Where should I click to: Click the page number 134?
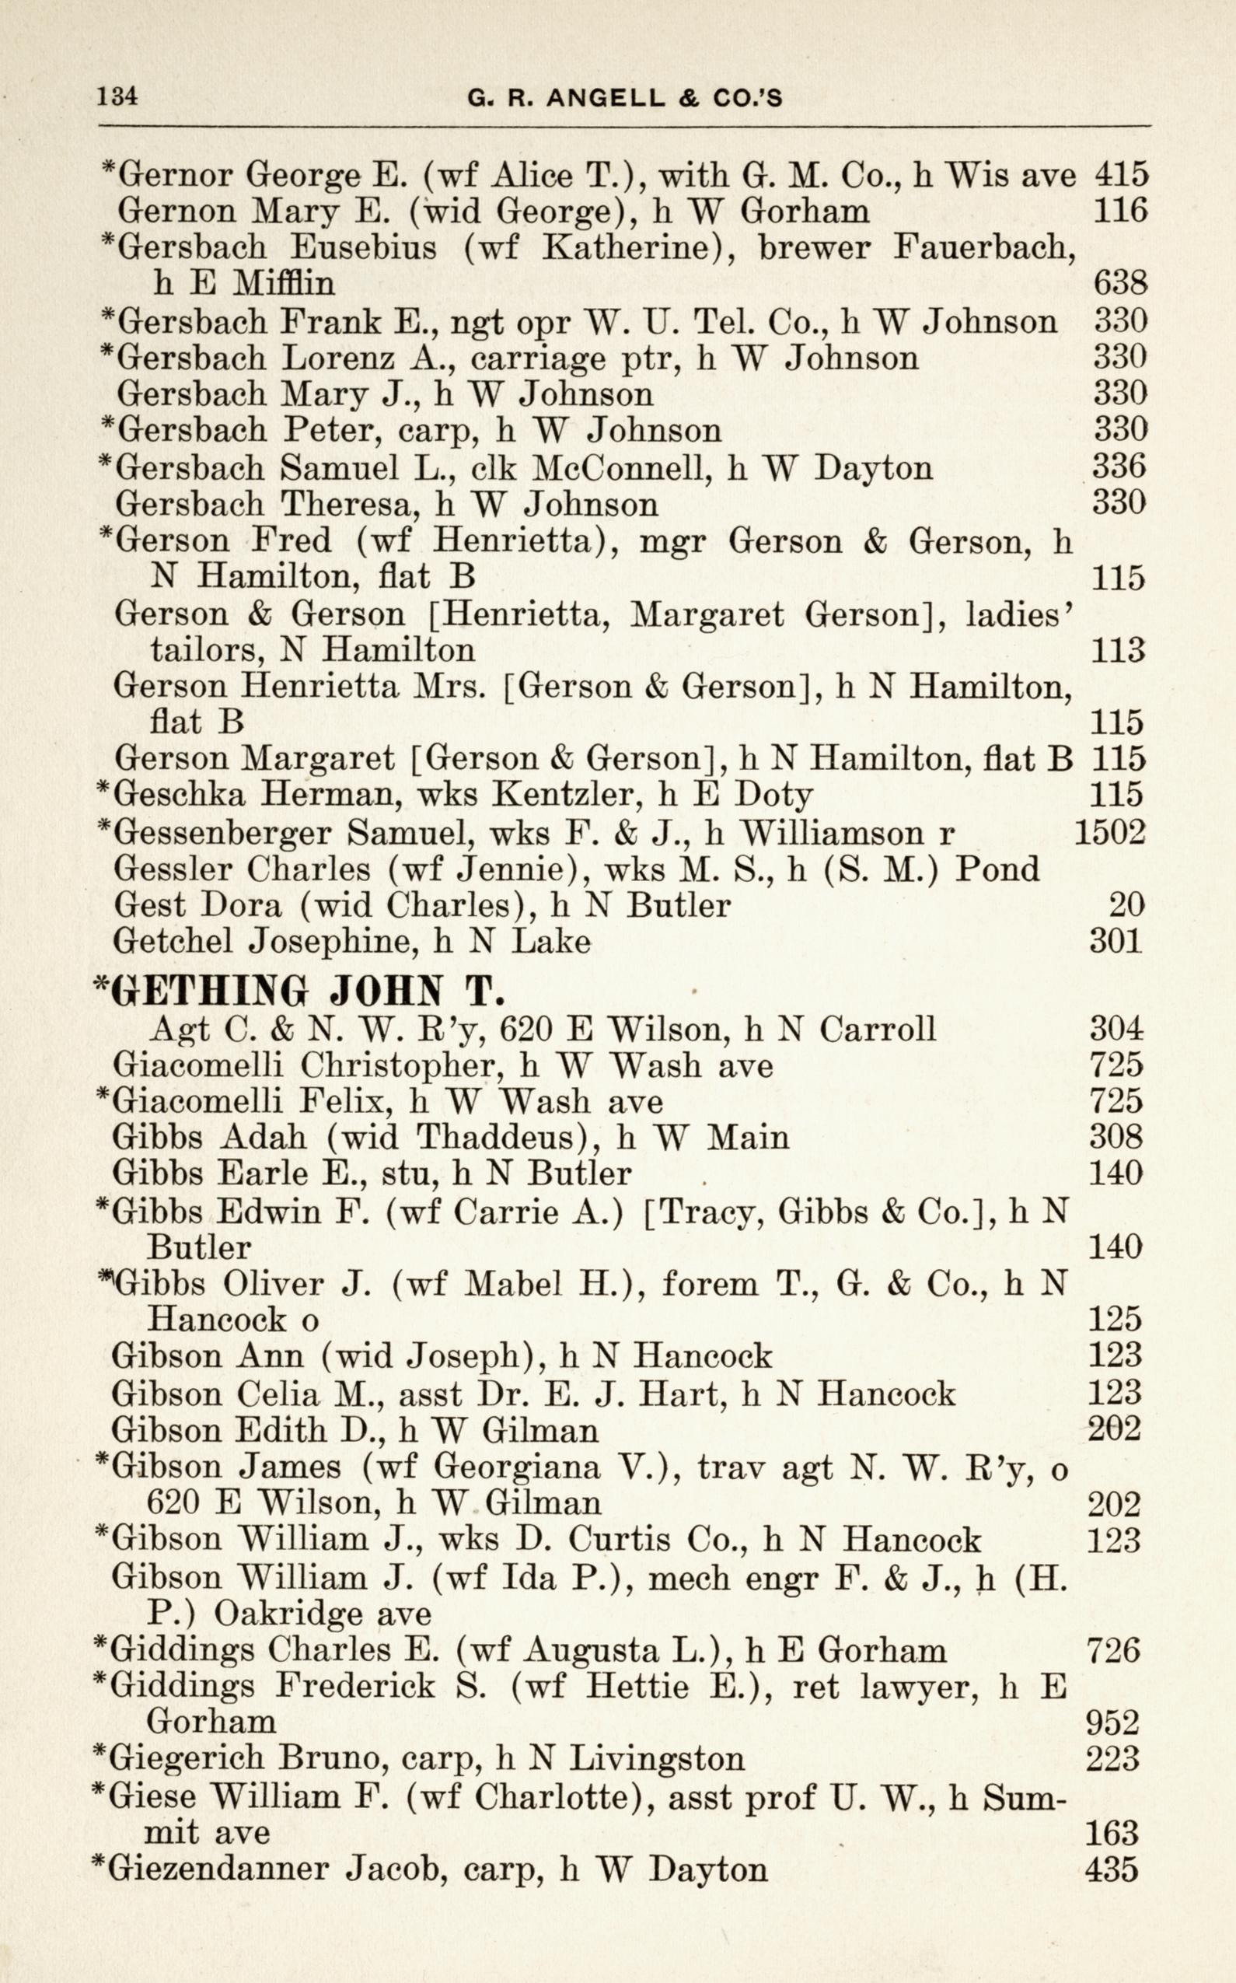point(117,96)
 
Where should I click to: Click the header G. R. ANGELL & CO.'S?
point(624,99)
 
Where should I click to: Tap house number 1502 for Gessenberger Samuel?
point(1109,831)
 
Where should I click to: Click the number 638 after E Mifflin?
point(1120,283)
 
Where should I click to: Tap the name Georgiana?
point(519,1466)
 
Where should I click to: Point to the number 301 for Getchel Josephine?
point(1116,940)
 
